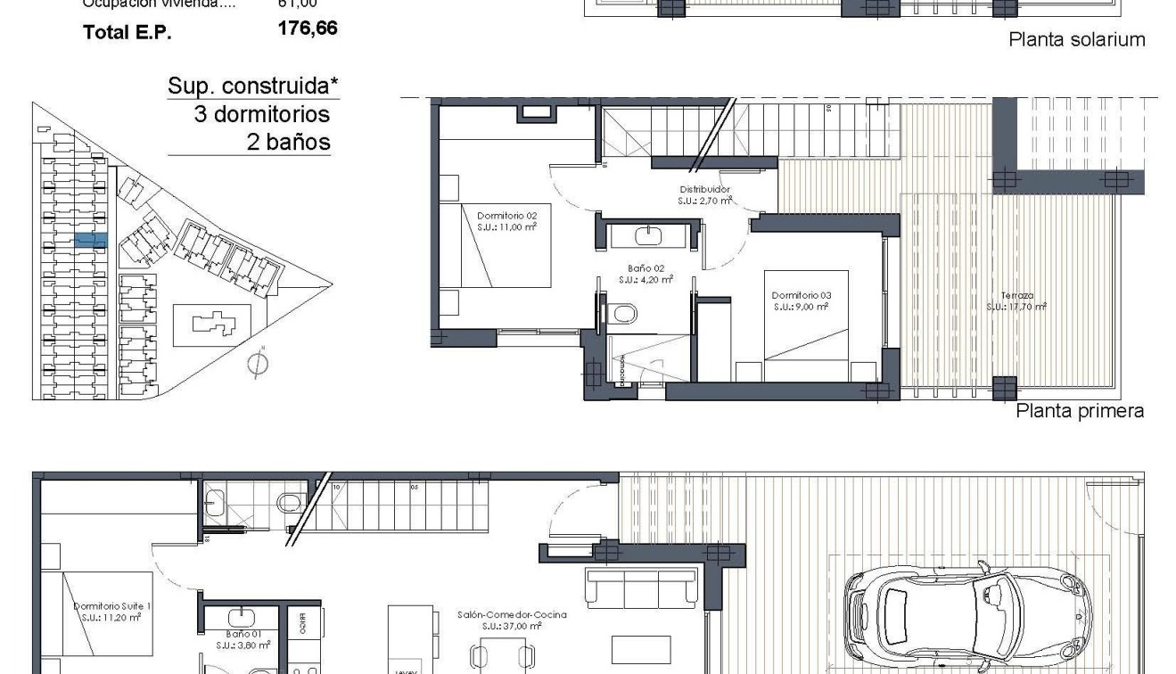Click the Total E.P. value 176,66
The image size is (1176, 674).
tap(308, 29)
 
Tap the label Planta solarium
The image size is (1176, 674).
tap(1076, 39)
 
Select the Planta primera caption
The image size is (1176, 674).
tap(1080, 411)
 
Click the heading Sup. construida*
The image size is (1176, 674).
tap(253, 86)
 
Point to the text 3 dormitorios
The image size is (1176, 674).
tap(262, 114)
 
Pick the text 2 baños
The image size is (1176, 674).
tap(287, 142)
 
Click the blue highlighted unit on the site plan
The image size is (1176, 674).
tap(90, 240)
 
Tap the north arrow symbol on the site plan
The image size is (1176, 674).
tap(259, 362)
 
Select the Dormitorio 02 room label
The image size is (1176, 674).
tap(506, 220)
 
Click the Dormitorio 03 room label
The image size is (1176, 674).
tap(801, 300)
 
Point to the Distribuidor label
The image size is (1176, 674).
tap(705, 194)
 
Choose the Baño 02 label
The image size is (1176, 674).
tap(646, 273)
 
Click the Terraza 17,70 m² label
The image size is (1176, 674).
tap(1016, 300)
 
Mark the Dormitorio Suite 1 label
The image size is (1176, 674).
tap(111, 611)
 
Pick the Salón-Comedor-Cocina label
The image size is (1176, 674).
tap(511, 620)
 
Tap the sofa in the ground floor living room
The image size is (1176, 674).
tap(640, 588)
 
